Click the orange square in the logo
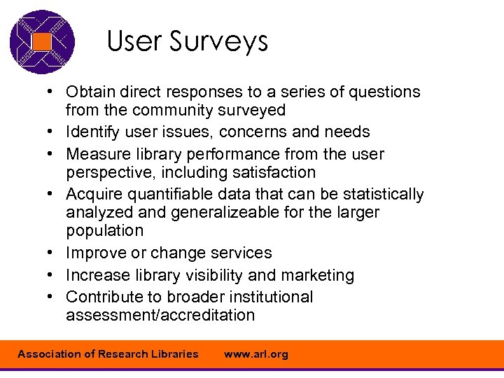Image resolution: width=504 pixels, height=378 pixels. pos(42,42)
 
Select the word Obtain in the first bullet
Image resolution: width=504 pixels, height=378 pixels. pos(90,92)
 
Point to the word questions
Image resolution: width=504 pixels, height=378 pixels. pos(386,92)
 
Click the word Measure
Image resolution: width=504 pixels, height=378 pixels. pos(97,154)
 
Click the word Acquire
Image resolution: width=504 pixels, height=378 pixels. pos(94,194)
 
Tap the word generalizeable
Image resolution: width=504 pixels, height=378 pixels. pos(217,212)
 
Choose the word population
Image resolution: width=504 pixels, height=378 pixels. pos(104,230)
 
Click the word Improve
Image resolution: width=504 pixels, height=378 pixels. pos(95,253)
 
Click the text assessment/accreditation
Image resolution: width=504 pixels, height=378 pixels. pos(160,315)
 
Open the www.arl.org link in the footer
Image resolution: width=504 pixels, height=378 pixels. pos(256,354)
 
